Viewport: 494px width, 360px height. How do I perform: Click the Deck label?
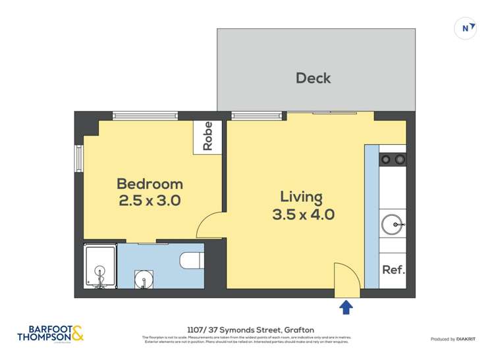[313, 78]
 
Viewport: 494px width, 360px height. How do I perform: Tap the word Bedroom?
[150, 184]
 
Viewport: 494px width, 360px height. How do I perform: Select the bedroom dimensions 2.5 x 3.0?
[150, 201]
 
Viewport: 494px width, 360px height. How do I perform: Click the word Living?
[302, 197]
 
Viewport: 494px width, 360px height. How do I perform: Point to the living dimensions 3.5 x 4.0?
[304, 215]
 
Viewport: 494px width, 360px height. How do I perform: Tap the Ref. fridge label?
[393, 270]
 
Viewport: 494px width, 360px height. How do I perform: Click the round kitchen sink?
[393, 225]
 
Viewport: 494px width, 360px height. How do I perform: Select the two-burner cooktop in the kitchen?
[393, 159]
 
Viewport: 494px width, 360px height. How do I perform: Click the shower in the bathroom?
[100, 267]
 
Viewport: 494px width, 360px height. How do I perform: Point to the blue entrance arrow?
[346, 307]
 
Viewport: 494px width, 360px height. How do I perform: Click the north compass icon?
[466, 28]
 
